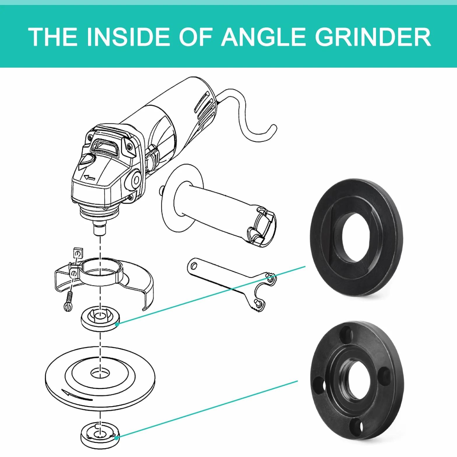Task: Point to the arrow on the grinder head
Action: click(89, 177)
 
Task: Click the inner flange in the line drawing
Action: click(100, 320)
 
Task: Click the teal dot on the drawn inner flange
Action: click(117, 324)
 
